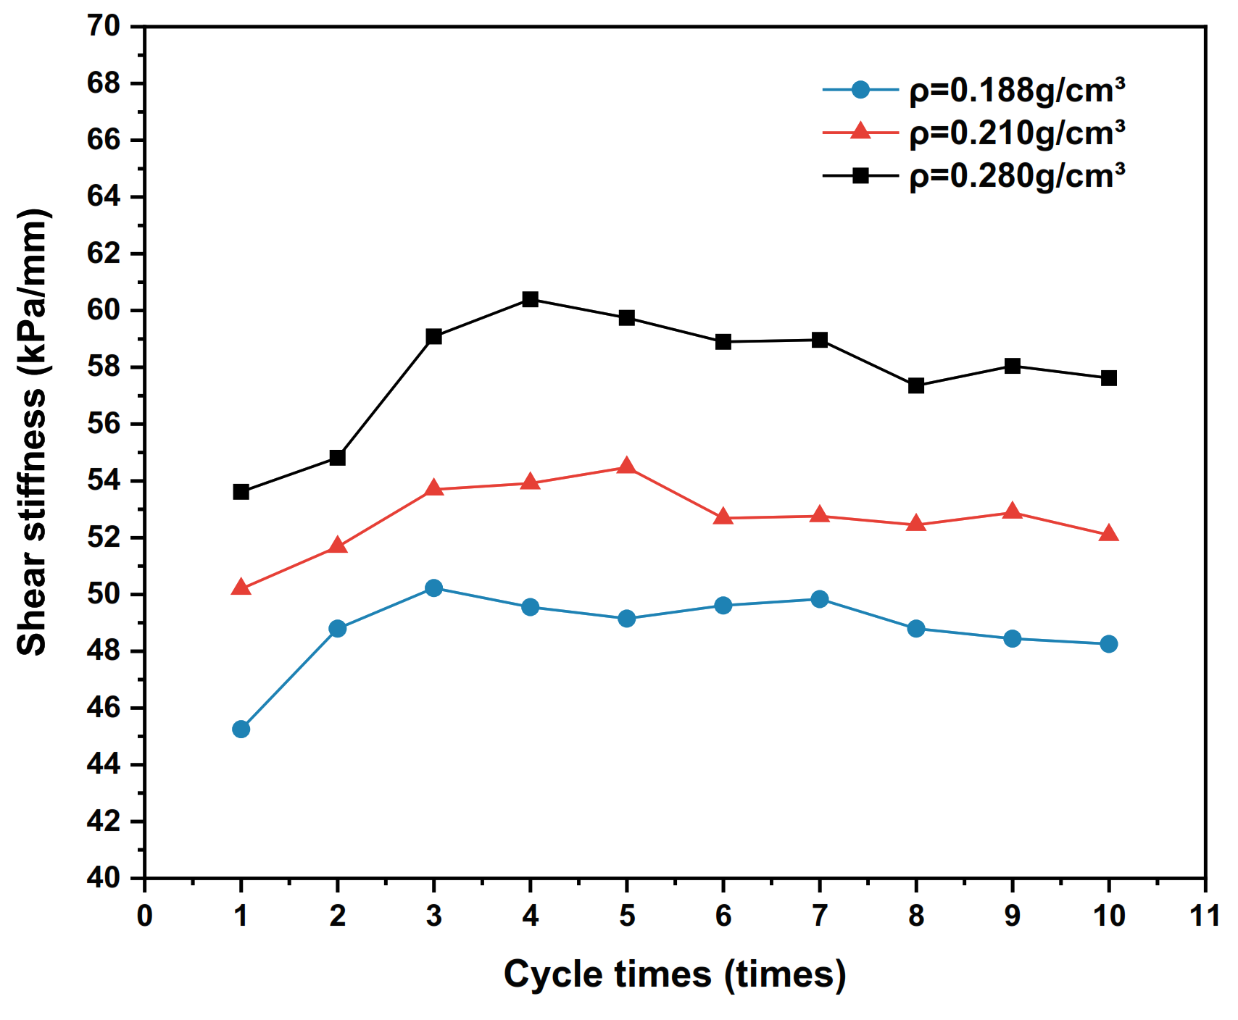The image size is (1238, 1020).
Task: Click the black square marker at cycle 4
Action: pyautogui.click(x=530, y=299)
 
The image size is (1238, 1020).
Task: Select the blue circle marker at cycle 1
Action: pyautogui.click(x=241, y=729)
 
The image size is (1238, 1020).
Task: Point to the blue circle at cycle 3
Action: pyautogui.click(x=433, y=588)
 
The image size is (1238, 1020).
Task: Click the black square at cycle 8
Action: pyautogui.click(x=916, y=385)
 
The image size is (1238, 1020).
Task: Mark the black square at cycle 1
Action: pyautogui.click(x=241, y=492)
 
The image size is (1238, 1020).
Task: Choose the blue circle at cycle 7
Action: pyautogui.click(x=820, y=599)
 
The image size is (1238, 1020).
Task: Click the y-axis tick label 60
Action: pyautogui.click(x=104, y=311)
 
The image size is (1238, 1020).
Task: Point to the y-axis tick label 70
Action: pyautogui.click(x=104, y=27)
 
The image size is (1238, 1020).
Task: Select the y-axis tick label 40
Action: pyautogui.click(x=104, y=878)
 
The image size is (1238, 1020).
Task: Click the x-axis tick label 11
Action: pyautogui.click(x=1205, y=916)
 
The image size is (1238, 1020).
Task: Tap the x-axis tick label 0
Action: pyautogui.click(x=145, y=916)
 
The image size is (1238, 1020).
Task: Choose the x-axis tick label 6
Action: pyautogui.click(x=723, y=916)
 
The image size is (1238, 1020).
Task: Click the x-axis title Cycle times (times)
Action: pyautogui.click(x=675, y=974)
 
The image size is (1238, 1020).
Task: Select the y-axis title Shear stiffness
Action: pyautogui.click(x=33, y=432)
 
